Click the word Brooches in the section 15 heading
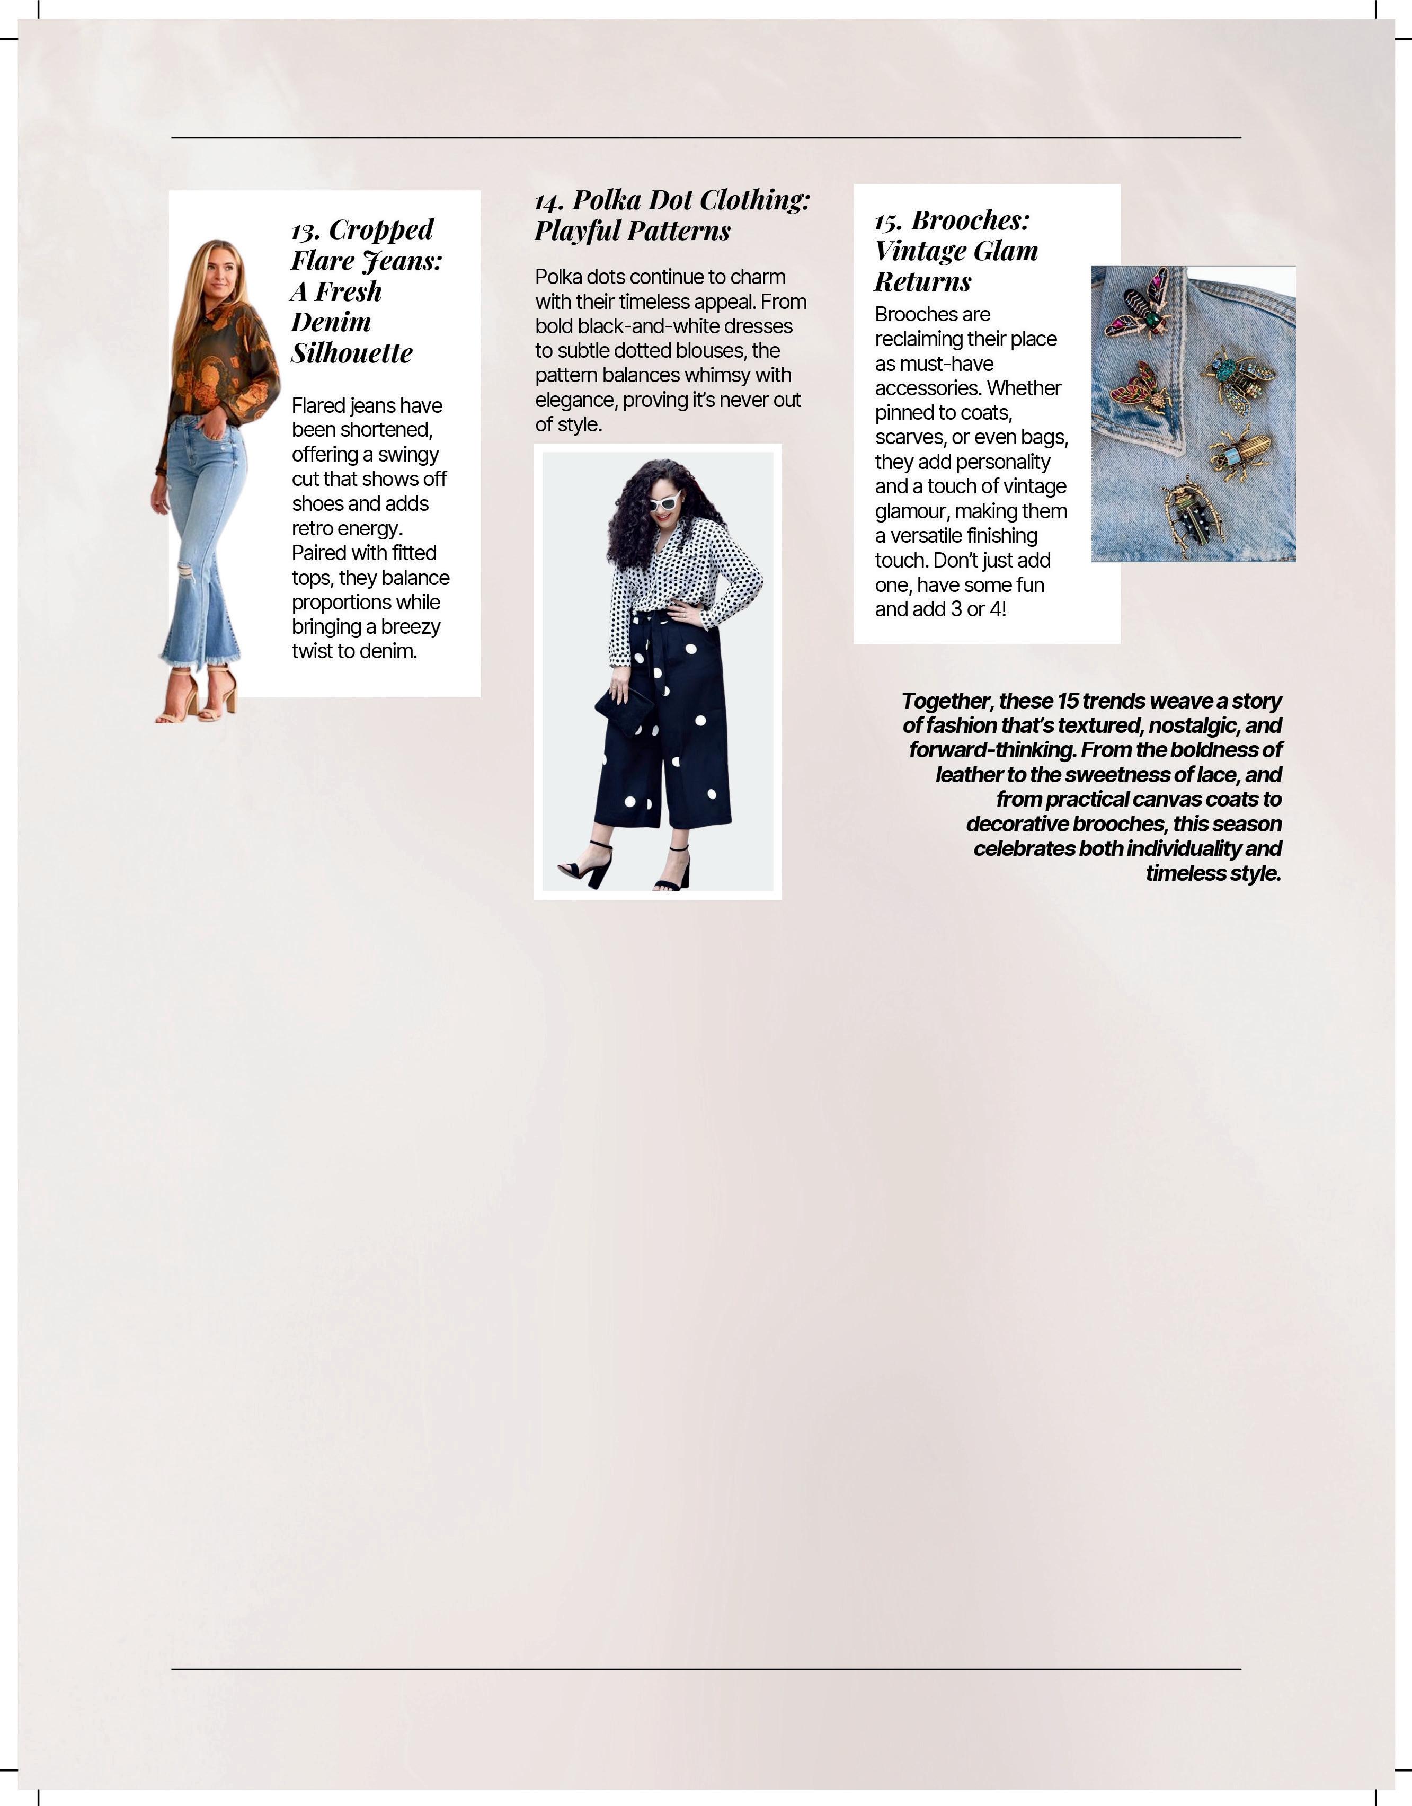[x=970, y=221]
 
